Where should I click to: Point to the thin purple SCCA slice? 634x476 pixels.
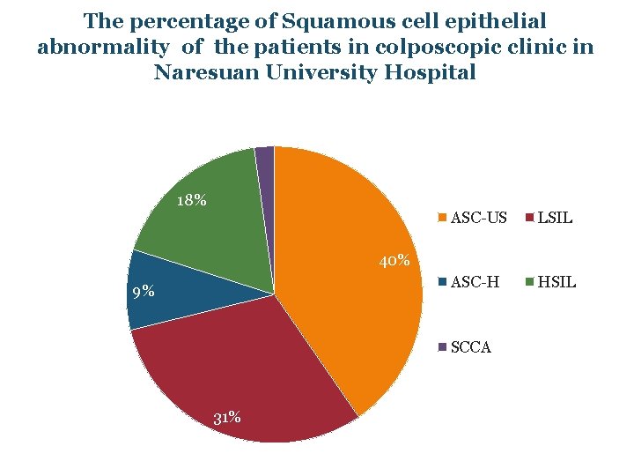pos(265,159)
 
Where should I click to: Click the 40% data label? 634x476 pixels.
pos(394,261)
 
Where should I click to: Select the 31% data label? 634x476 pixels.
pos(227,417)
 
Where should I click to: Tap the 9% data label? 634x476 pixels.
pos(143,292)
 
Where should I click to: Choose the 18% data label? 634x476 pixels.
pos(191,200)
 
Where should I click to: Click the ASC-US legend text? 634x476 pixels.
pos(478,218)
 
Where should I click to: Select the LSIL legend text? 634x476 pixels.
pos(555,218)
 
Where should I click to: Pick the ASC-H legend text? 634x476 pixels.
pos(475,282)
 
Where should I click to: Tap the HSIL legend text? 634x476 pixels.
pos(557,282)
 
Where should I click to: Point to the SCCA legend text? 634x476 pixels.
pos(470,347)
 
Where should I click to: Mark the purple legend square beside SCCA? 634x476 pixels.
pos(443,347)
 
